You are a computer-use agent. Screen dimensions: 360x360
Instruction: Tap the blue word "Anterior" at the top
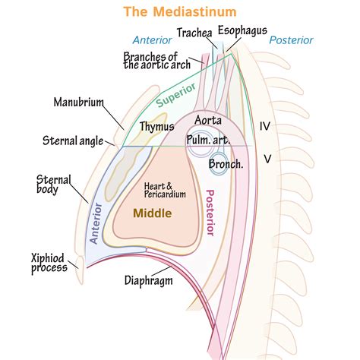(152, 39)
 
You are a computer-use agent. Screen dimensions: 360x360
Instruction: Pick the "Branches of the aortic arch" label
(156, 60)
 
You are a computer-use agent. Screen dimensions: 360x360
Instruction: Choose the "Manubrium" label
(80, 101)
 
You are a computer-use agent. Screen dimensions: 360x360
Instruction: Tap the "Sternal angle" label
(74, 140)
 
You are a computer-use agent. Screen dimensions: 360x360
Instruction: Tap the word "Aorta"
(207, 120)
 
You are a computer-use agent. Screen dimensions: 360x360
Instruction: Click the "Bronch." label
(226, 163)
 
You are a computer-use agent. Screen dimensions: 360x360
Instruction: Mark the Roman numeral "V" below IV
(267, 158)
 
